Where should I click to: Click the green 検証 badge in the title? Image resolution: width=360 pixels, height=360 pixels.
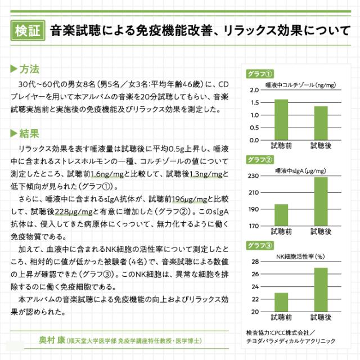click(x=28, y=29)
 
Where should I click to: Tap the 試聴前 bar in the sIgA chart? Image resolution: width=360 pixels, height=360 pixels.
click(x=281, y=215)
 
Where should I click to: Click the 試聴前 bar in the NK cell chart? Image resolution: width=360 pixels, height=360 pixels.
click(x=281, y=302)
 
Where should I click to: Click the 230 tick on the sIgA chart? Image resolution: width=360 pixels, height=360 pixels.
click(x=253, y=176)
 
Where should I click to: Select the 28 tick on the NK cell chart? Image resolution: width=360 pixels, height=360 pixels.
click(x=255, y=262)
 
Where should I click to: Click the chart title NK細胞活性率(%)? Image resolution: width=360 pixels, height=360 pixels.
click(x=300, y=256)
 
